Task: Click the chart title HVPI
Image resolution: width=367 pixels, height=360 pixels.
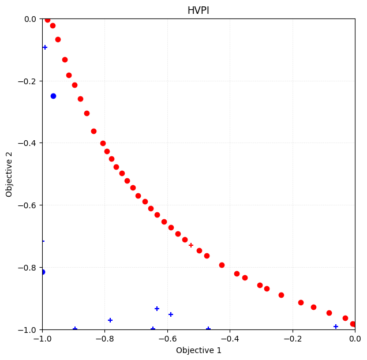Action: coord(199,11)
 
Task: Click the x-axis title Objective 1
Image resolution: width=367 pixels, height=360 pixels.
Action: coord(199,350)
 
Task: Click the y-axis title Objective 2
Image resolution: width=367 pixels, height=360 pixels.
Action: coord(9,174)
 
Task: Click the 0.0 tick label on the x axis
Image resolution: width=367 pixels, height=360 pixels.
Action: coord(355,339)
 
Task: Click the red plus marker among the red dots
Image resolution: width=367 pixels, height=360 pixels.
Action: coord(191,245)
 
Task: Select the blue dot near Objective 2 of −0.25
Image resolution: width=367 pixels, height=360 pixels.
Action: coord(53,96)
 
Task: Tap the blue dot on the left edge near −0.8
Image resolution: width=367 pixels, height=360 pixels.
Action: coord(42,272)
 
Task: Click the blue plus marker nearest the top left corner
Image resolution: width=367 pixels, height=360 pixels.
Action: coord(45,47)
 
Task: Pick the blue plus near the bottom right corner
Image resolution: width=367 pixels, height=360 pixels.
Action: coord(336,327)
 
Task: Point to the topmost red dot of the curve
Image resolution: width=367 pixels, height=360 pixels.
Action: coord(47,20)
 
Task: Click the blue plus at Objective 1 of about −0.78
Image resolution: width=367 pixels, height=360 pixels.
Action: coord(110,320)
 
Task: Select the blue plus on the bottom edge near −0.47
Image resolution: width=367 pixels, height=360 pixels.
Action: coord(208,329)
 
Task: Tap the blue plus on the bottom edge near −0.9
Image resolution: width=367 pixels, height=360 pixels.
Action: coord(75,329)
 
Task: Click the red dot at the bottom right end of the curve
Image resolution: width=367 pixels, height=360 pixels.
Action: coord(353,324)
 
